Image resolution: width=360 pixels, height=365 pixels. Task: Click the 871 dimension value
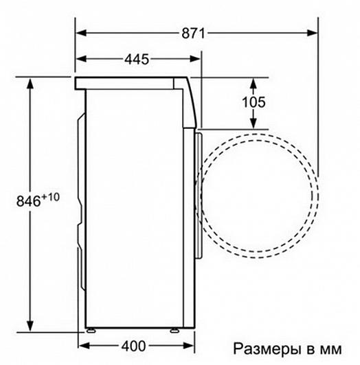pos(193,34)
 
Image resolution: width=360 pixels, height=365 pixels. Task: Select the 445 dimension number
pos(137,60)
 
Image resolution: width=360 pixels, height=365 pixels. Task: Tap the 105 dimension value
pos(254,102)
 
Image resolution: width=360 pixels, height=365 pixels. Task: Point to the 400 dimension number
pos(133,346)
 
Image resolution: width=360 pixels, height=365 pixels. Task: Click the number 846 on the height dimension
pos(28,201)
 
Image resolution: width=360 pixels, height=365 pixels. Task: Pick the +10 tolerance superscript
pos(51,198)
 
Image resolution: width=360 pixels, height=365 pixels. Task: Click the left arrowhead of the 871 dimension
pos(81,33)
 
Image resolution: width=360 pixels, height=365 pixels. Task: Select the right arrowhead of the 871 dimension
pos(312,33)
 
